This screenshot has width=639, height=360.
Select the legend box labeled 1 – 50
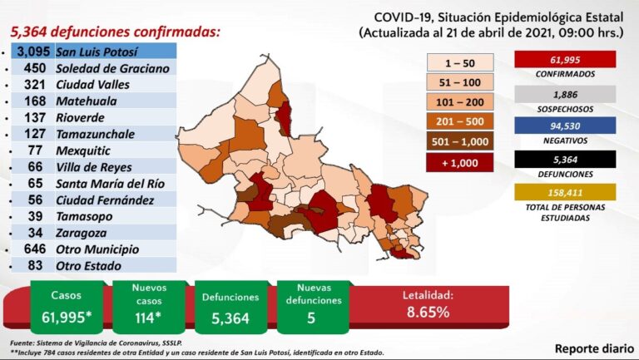pos(460,62)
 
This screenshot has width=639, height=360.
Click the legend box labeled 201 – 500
pos(460,121)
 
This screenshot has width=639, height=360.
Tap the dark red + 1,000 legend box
pos(460,161)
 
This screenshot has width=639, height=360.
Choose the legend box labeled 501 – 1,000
pos(460,141)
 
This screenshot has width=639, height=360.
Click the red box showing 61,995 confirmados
pos(565,58)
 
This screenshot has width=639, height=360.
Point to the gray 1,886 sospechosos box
pos(565,95)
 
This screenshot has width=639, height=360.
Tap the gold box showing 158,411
pos(565,192)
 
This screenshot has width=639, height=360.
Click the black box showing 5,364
pos(565,159)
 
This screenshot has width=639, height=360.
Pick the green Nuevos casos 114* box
pos(148,305)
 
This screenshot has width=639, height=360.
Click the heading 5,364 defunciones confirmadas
pos(116,32)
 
